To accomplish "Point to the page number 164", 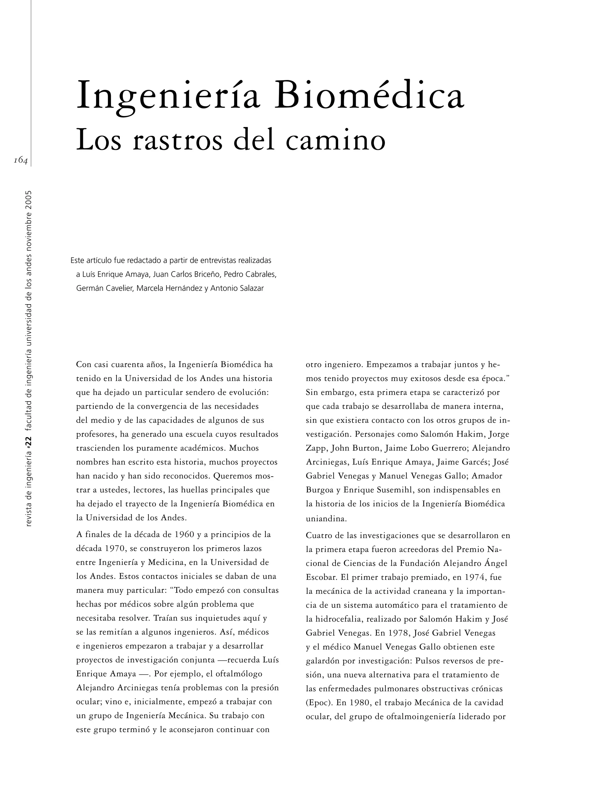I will pos(21,161).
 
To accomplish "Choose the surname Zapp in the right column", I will pos(316,448).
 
